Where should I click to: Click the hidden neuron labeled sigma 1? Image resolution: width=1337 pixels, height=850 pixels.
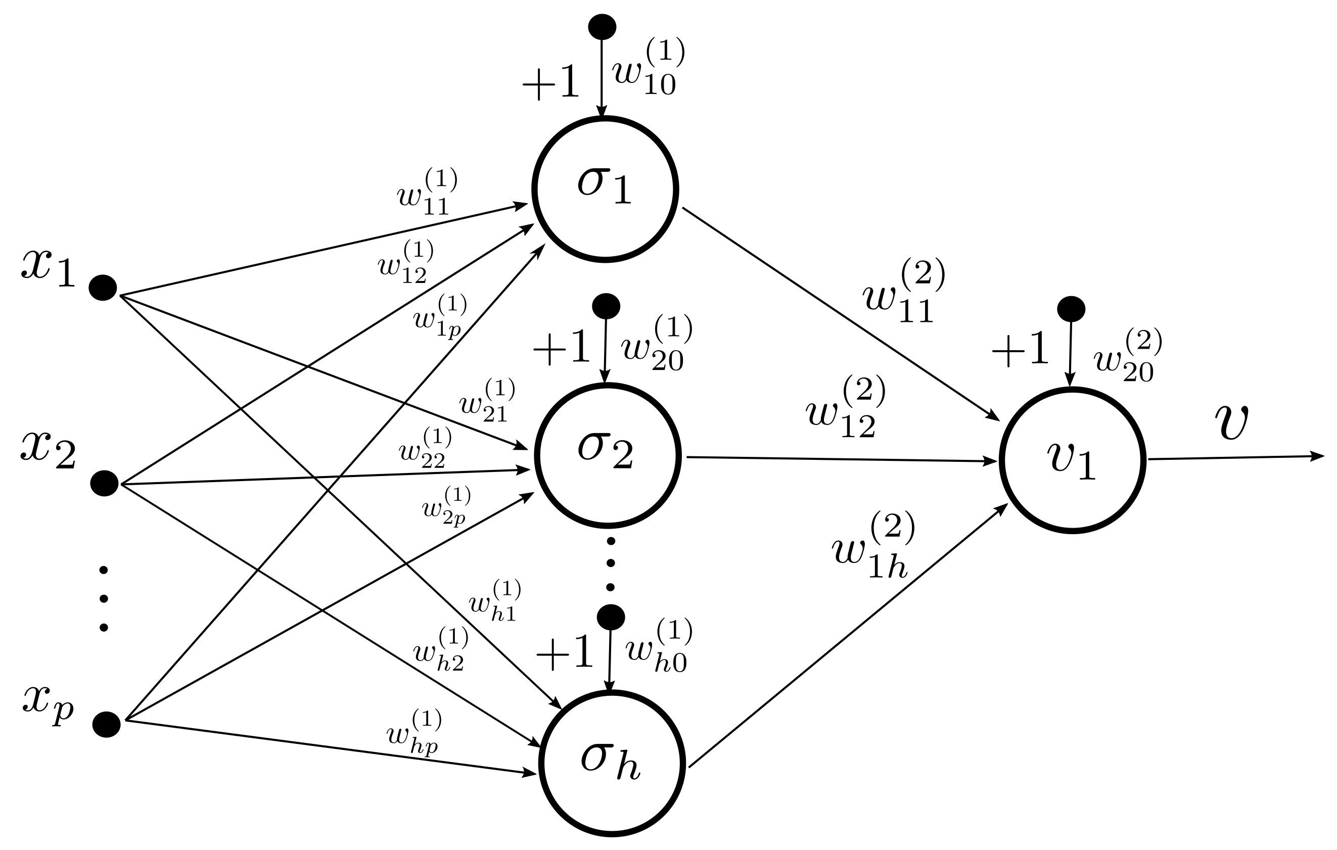pyautogui.click(x=605, y=189)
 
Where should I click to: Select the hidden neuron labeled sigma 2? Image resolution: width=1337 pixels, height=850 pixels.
pyautogui.click(x=607, y=455)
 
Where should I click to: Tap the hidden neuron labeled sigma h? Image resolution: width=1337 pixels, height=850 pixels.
pyautogui.click(x=611, y=763)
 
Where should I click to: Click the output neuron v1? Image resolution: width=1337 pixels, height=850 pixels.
pyautogui.click(x=1072, y=460)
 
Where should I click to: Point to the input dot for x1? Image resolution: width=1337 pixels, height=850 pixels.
pyautogui.click(x=103, y=288)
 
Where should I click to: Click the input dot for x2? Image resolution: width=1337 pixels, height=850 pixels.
pyautogui.click(x=105, y=483)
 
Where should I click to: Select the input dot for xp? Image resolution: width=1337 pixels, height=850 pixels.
pyautogui.click(x=106, y=725)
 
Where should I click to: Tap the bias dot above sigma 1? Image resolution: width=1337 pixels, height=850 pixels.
pyautogui.click(x=602, y=26)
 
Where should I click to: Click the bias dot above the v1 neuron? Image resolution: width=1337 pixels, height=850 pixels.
pyautogui.click(x=1071, y=309)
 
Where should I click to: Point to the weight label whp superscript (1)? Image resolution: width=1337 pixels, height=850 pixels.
pyautogui.click(x=414, y=733)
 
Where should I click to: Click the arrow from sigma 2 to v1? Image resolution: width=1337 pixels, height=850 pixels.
pyautogui.click(x=839, y=459)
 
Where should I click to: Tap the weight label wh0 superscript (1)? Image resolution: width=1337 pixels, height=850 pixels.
pyautogui.click(x=658, y=646)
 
